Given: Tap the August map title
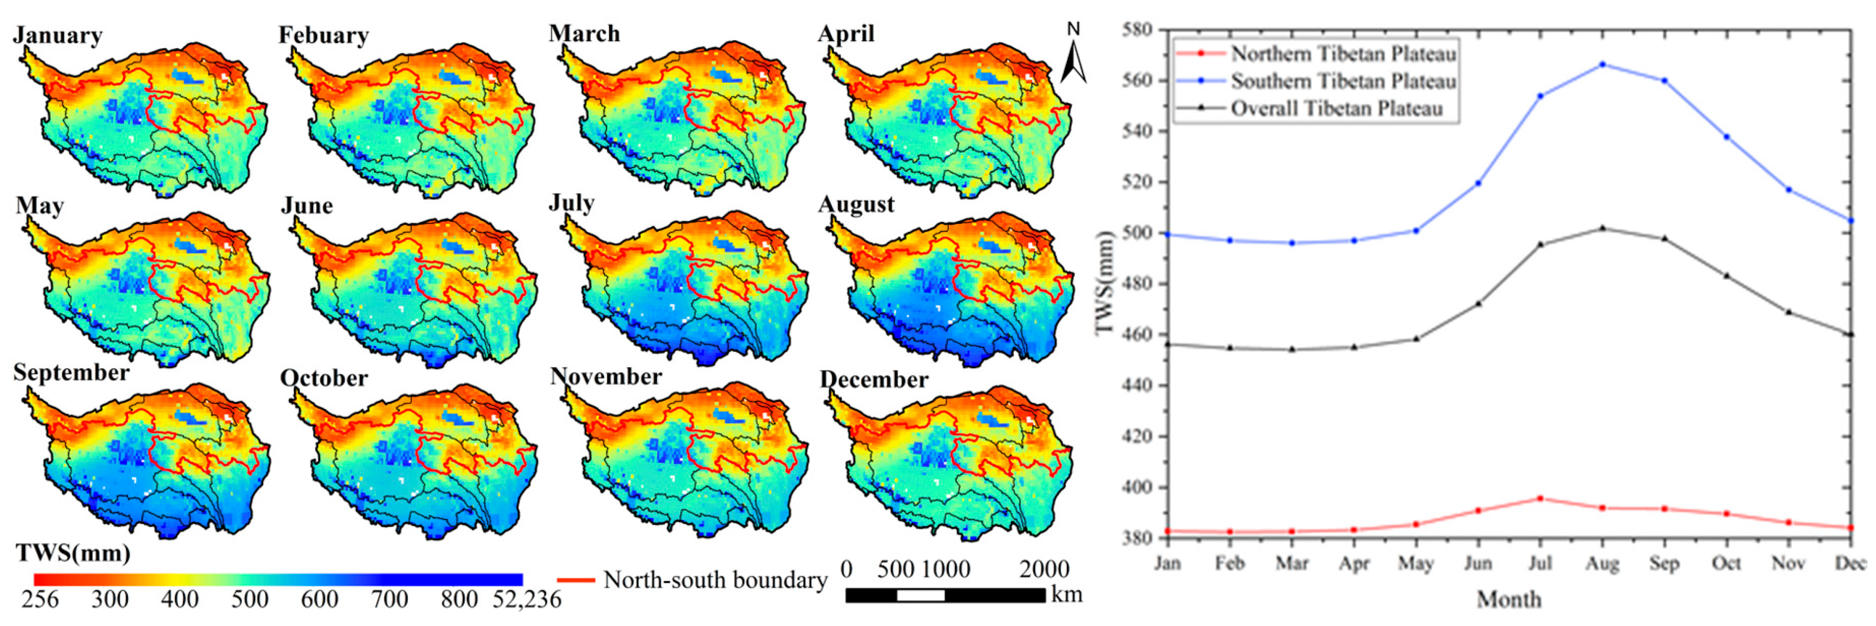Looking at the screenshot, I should pos(856,205).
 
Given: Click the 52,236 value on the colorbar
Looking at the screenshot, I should pos(526,599).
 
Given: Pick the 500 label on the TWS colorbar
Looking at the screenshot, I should pos(250,599).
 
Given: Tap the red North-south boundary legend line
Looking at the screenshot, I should pos(577,580).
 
